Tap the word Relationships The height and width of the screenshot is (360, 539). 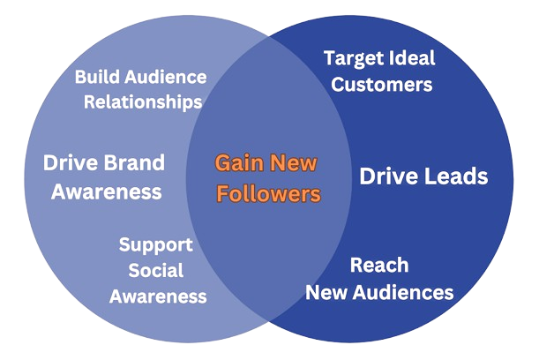pos(143,101)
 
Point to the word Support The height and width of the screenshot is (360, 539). pos(155,245)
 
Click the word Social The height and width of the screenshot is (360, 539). pos(156,270)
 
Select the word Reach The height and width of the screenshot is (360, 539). pos(379,265)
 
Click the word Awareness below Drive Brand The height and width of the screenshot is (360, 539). pos(107,191)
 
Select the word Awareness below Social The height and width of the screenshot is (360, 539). pos(159,296)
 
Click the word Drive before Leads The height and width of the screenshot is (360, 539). pos(388,176)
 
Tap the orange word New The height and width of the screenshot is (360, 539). pos(294,163)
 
